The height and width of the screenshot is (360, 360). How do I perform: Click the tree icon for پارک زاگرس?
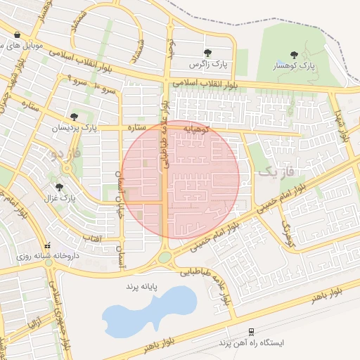click(x=207, y=53)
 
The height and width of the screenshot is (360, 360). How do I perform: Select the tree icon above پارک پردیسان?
click(x=74, y=116)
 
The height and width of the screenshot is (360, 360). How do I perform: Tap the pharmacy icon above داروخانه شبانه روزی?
click(x=47, y=247)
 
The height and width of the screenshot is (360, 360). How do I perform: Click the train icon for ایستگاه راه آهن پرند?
click(x=250, y=332)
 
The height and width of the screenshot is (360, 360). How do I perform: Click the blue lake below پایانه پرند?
click(x=148, y=309)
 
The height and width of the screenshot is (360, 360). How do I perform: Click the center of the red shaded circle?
click(x=181, y=179)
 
